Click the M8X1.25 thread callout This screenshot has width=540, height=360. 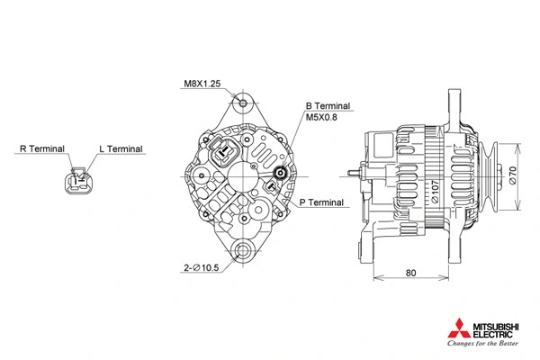(x=202, y=84)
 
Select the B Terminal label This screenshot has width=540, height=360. (x=328, y=105)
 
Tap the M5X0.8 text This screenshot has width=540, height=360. (x=325, y=117)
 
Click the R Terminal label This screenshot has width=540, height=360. (x=41, y=148)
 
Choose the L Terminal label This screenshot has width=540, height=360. (x=120, y=148)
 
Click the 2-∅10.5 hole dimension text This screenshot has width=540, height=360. (x=202, y=268)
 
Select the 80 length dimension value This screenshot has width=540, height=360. (x=410, y=272)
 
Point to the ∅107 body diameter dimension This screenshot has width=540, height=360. (x=435, y=193)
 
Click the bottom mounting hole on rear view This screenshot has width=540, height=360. (x=241, y=251)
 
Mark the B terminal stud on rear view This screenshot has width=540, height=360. (x=280, y=175)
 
